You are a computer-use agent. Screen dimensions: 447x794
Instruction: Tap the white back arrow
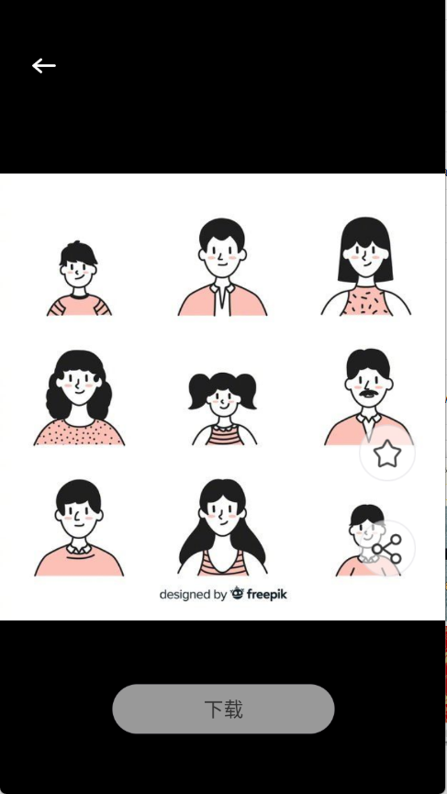[44, 66]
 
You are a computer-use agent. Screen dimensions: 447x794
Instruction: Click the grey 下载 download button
[223, 709]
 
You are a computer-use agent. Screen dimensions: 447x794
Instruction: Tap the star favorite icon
[387, 453]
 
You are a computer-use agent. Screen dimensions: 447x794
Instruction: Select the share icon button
[387, 549]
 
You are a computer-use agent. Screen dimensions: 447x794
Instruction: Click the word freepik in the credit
[267, 594]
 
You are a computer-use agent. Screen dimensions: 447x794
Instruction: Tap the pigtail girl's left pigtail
[199, 390]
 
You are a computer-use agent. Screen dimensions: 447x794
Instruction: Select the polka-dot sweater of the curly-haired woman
[79, 433]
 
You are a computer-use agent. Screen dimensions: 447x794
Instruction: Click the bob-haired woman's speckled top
[365, 302]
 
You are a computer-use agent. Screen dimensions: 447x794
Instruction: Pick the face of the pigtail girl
[223, 398]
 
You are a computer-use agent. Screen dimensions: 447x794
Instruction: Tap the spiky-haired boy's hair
[78, 253]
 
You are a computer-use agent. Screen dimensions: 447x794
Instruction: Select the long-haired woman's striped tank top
[222, 563]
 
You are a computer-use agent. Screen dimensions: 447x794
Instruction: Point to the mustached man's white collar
[369, 419]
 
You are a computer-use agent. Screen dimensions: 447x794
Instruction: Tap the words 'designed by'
[193, 595]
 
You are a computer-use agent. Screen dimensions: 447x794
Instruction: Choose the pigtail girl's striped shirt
[223, 435]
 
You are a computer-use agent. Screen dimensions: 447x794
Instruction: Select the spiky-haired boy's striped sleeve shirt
[79, 306]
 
